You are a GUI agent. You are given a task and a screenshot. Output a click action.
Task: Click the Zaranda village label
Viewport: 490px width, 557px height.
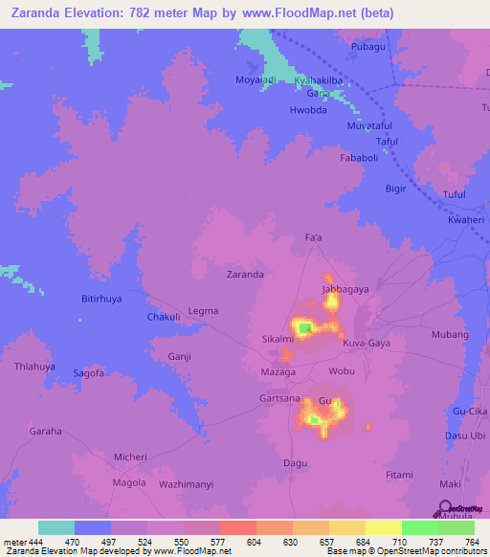click(x=245, y=274)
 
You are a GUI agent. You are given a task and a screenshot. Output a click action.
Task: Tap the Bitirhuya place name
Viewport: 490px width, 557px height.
click(x=100, y=299)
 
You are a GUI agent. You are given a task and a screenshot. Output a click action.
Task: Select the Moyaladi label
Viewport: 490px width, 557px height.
click(x=256, y=79)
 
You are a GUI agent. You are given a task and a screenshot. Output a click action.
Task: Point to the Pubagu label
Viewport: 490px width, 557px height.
click(x=367, y=46)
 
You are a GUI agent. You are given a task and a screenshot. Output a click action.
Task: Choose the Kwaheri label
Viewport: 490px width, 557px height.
click(x=466, y=220)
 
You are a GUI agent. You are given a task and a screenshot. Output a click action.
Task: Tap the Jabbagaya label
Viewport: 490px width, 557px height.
click(x=345, y=288)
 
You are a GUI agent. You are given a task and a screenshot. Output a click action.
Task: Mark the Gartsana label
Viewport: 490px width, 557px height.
click(x=280, y=397)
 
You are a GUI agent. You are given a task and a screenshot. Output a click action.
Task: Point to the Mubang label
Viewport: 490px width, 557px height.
click(x=450, y=335)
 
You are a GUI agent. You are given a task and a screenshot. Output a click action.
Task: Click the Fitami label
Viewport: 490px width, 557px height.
click(x=399, y=475)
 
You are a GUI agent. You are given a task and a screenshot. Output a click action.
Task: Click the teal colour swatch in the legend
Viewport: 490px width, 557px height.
click(x=56, y=527)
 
